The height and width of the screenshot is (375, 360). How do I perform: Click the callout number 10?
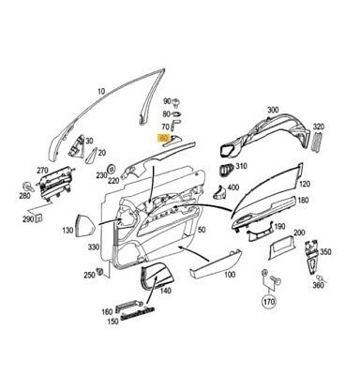(100, 92)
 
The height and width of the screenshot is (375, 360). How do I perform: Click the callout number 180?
(301, 200)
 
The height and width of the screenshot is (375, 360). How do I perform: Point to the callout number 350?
(325, 253)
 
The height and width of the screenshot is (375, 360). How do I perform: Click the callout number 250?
(89, 275)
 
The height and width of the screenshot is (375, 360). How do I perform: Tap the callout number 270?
(41, 172)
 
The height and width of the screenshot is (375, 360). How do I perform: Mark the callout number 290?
(28, 218)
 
